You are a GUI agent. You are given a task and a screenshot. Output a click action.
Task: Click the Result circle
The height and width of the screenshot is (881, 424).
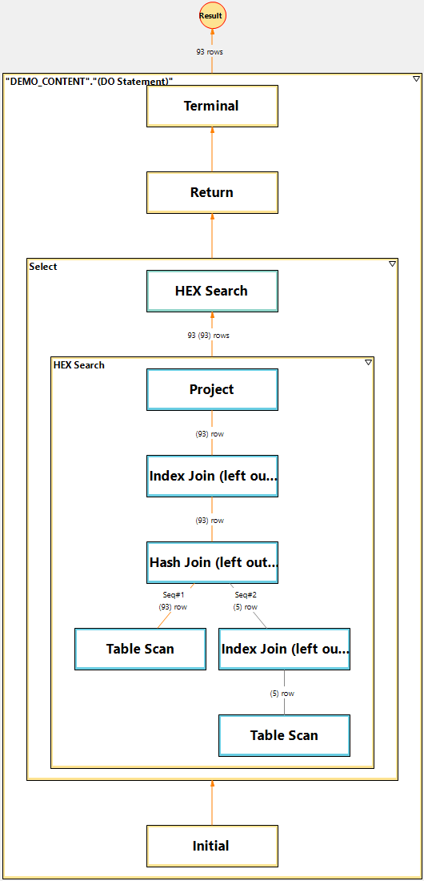[212, 16]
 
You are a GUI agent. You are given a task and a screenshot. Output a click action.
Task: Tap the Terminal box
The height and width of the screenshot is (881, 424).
[212, 106]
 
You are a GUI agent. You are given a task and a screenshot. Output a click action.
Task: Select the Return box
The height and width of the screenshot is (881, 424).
[212, 192]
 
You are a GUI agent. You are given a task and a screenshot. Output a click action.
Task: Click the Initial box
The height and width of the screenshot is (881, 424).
[212, 846]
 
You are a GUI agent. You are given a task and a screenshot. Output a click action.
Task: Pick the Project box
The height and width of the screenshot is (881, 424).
[212, 389]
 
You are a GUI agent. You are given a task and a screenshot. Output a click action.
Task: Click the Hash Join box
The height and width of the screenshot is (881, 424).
[212, 562]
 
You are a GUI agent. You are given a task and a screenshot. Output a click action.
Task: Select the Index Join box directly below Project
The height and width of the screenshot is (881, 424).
[212, 476]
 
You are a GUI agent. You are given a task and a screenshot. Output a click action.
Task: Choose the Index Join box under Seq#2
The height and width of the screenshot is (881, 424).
[284, 649]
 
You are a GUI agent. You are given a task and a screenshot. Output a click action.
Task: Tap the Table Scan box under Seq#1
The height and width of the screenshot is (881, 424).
[140, 649]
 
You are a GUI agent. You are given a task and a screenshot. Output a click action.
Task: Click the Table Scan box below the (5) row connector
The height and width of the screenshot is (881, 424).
[284, 735]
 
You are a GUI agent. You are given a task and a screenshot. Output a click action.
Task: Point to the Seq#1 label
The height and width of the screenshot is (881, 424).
[174, 595]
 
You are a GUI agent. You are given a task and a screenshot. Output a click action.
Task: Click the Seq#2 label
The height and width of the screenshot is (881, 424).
[246, 595]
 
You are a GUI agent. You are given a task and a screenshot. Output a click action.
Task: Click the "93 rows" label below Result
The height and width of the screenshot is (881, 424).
[210, 52]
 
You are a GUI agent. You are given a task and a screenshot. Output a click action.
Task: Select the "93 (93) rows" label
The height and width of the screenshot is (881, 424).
[208, 336]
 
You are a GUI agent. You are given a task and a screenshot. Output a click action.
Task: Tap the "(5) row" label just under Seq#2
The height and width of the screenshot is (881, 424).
[246, 607]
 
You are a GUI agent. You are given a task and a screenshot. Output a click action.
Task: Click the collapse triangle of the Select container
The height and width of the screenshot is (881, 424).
[393, 263]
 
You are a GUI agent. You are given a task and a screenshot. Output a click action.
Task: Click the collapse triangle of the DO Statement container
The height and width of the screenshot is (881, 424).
[416, 78]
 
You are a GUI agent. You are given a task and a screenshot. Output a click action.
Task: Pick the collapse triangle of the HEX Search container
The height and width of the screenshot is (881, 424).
[369, 362]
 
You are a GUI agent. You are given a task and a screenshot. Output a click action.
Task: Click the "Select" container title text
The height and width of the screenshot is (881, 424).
[43, 267]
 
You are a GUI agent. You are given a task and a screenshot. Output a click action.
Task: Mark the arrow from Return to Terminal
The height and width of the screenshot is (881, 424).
[212, 149]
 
